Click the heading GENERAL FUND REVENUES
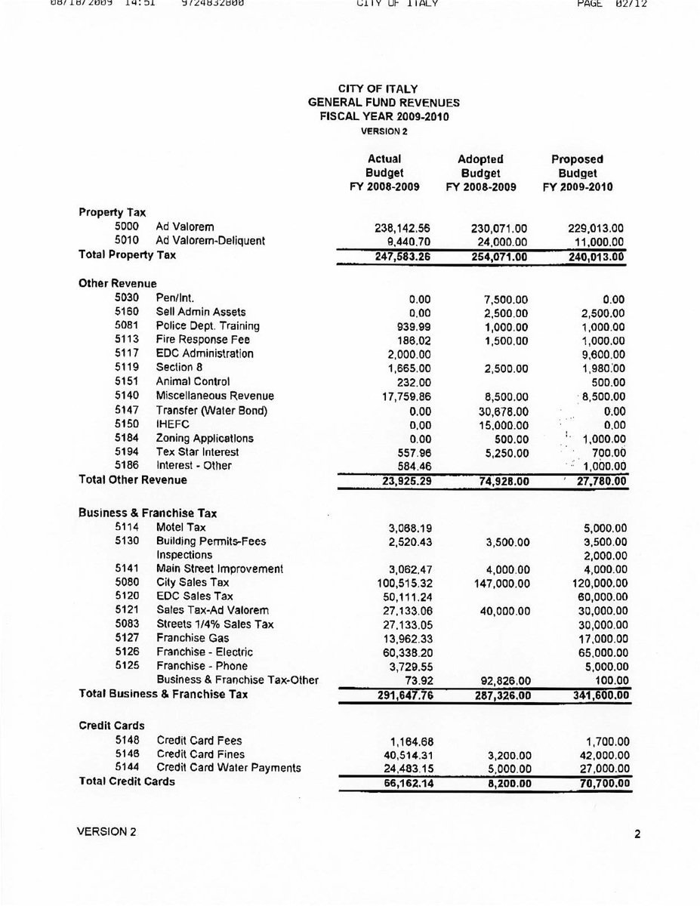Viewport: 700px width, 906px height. click(x=384, y=103)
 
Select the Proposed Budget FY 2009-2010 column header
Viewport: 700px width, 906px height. click(x=577, y=173)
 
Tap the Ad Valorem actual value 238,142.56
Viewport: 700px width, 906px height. click(x=397, y=227)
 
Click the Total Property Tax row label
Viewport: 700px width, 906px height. click(x=127, y=255)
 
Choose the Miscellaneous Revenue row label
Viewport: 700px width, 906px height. click(x=214, y=396)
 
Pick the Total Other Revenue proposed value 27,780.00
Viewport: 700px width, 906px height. click(x=597, y=480)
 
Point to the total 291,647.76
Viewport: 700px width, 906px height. click(x=397, y=695)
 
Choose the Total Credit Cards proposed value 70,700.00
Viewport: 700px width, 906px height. click(x=597, y=783)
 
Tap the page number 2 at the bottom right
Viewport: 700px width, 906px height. click(x=637, y=834)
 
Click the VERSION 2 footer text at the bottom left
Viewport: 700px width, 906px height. click(x=107, y=831)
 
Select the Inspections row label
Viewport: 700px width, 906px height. click(x=184, y=555)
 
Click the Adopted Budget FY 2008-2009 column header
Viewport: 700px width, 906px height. click(x=481, y=173)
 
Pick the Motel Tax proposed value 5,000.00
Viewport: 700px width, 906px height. click(x=600, y=528)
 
